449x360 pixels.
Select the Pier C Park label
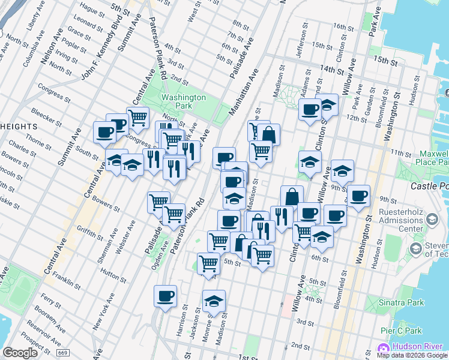(402, 331)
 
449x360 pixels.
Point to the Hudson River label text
(418, 347)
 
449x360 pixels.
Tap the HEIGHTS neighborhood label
(19, 127)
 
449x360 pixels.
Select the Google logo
(20, 353)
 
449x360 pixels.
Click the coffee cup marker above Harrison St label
(165, 296)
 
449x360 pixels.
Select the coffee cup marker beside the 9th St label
(358, 196)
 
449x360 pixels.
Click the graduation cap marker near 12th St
(327, 105)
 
